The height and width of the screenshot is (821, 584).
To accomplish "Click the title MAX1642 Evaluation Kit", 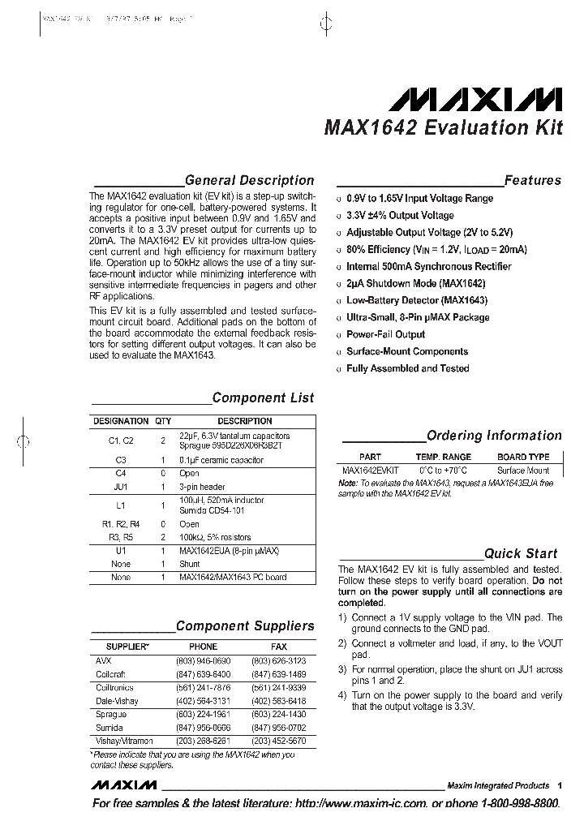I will (x=443, y=128).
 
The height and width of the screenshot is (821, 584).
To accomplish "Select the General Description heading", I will (x=249, y=180).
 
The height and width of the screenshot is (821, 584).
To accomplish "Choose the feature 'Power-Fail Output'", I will (x=385, y=334).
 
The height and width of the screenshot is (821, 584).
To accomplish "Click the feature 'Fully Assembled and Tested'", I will (x=407, y=368).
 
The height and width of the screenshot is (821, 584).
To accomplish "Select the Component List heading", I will (x=263, y=398).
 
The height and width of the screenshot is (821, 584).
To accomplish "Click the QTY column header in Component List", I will (x=163, y=421).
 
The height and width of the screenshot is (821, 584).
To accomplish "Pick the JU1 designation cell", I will (x=121, y=487).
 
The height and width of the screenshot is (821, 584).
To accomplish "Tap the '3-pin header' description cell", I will (x=202, y=487).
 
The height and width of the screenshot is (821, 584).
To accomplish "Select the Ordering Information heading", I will (x=493, y=436).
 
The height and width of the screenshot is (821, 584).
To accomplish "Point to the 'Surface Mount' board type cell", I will (x=523, y=471).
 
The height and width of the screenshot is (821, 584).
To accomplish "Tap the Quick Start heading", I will (x=521, y=553).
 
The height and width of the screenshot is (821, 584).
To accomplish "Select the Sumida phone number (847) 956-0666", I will (x=203, y=729).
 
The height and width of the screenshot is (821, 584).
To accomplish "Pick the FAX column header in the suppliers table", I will (x=278, y=647).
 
